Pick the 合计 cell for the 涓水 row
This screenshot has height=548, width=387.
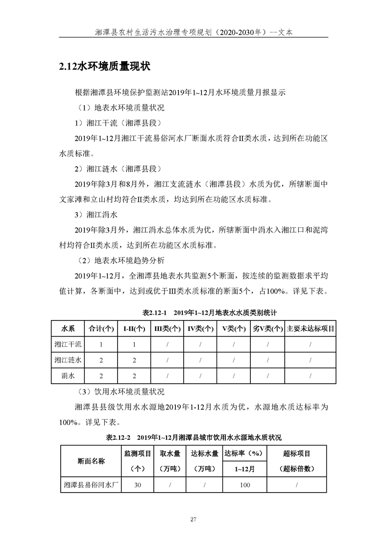click(x=100, y=376)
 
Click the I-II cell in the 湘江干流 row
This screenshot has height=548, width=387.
click(x=134, y=344)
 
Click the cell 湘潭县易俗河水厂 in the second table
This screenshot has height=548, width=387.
click(x=92, y=485)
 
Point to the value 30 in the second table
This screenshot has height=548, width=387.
click(x=138, y=485)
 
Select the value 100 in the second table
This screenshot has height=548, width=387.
click(x=244, y=485)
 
